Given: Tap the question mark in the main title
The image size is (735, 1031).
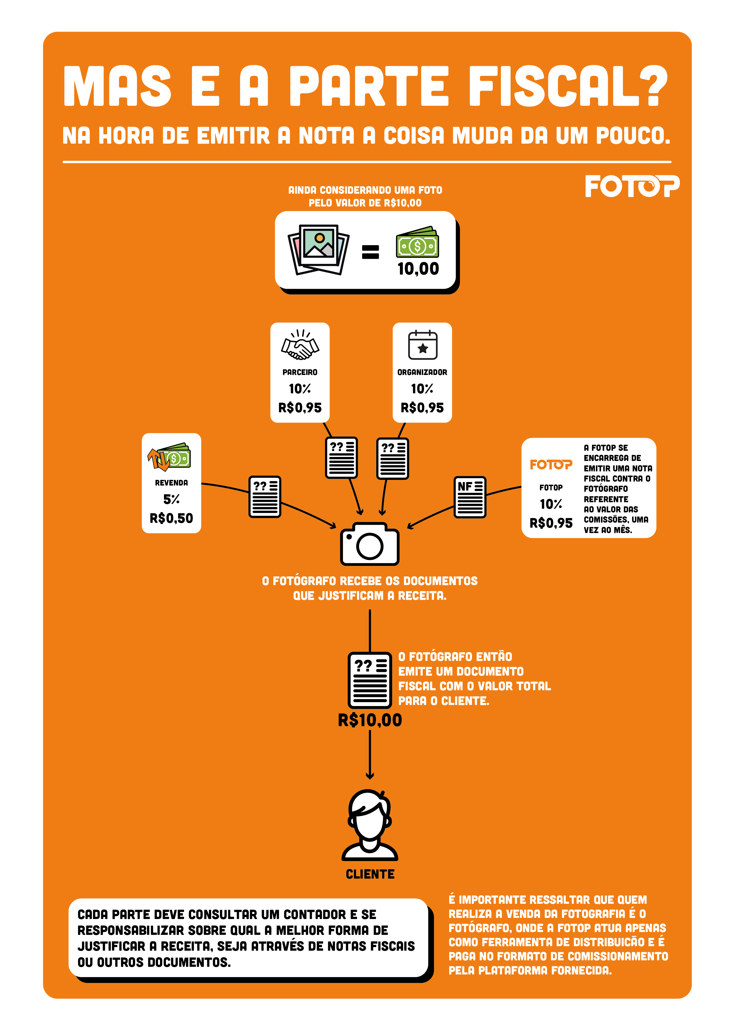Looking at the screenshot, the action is (654, 85).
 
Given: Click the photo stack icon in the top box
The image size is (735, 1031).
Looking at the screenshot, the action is (319, 249).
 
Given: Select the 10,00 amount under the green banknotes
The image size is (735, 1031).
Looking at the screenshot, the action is (418, 269).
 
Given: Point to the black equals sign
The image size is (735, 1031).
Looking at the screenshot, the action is (370, 252).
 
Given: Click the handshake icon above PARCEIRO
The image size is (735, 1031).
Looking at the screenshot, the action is (300, 345).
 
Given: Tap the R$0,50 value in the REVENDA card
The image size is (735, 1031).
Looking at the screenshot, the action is (172, 518).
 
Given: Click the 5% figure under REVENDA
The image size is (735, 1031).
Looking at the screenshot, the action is (172, 499).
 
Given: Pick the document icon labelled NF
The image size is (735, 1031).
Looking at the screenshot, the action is (470, 497).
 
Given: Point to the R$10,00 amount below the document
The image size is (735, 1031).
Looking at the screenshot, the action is (370, 720).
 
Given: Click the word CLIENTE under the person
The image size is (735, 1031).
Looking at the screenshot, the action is (370, 874).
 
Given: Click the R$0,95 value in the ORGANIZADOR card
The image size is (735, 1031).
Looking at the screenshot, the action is (422, 408).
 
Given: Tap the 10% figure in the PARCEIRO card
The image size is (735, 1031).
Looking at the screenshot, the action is (300, 389).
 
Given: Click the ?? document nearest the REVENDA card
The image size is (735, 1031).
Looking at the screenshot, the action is (265, 497).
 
